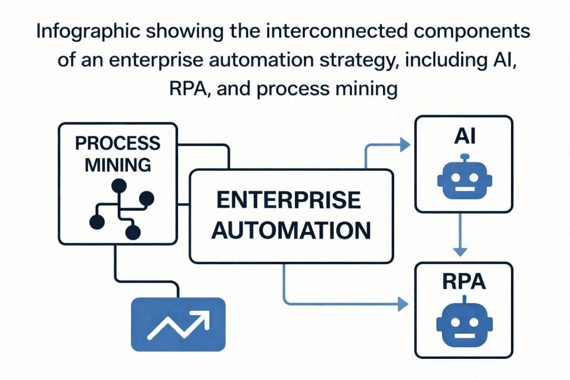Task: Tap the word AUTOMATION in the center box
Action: [292, 229]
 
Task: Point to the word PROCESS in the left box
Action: [117, 143]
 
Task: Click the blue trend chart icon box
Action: [178, 324]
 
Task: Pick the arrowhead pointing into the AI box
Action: [405, 146]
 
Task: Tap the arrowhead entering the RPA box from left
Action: [404, 304]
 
